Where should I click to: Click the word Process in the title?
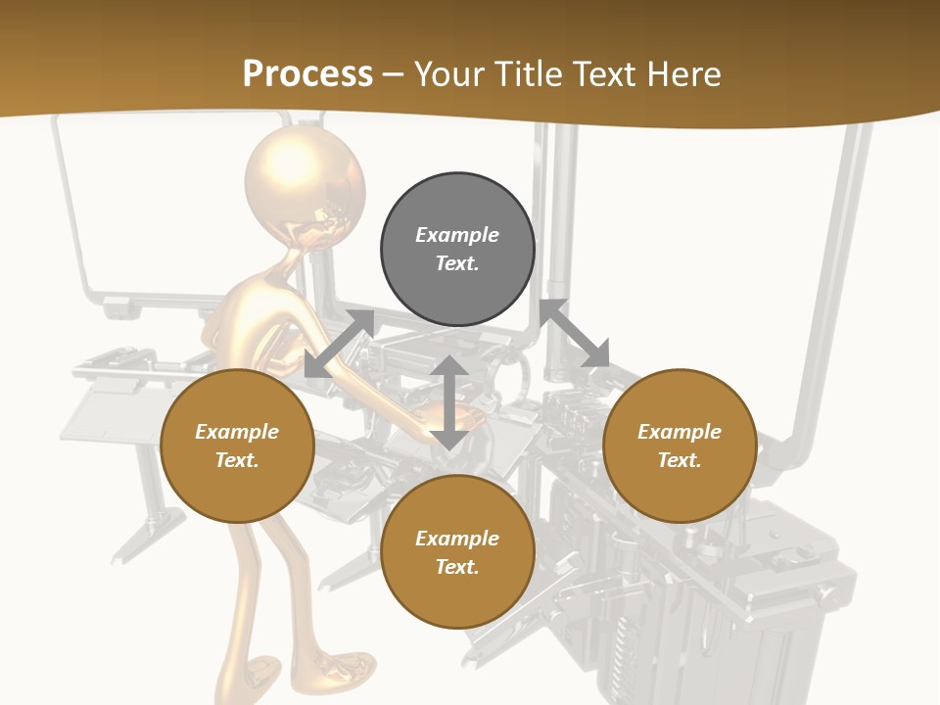[307, 74]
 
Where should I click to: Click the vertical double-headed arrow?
[448, 403]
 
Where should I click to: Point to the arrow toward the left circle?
[339, 344]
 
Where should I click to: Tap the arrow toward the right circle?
[575, 334]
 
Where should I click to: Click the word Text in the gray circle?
[456, 263]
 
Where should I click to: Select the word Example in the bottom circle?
[457, 539]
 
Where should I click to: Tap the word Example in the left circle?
[237, 432]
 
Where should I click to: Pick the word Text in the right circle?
[680, 460]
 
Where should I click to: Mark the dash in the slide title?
[394, 74]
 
